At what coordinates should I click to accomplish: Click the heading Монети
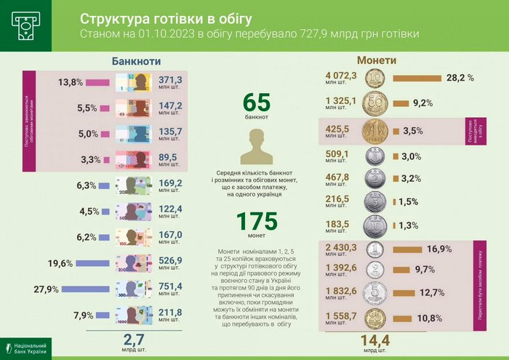pyautogui.click(x=376, y=60)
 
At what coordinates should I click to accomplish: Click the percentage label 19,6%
pyautogui.click(x=60, y=263)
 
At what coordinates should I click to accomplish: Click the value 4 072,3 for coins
pyautogui.click(x=342, y=75)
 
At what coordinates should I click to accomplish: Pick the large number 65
pyautogui.click(x=256, y=102)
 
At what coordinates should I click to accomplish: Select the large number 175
pyautogui.click(x=256, y=221)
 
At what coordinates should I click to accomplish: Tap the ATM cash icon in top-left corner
pyautogui.click(x=25, y=25)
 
